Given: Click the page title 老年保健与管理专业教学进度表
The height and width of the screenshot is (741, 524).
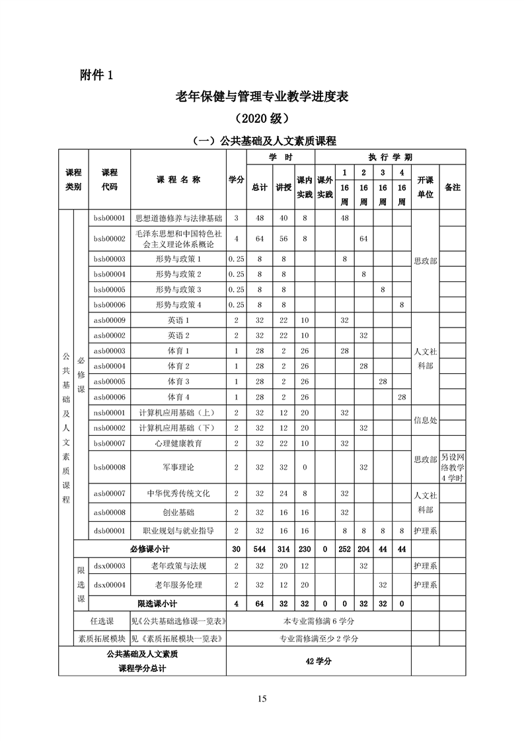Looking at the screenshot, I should click(x=262, y=97).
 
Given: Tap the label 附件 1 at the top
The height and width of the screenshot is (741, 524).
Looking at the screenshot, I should click(x=93, y=75).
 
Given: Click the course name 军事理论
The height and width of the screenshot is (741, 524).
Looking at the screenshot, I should click(x=178, y=467).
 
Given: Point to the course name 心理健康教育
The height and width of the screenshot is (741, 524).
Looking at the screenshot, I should click(x=178, y=443).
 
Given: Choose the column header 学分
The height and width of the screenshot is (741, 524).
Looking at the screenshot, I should click(x=236, y=180).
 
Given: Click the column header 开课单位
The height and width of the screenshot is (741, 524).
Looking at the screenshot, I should click(x=425, y=187).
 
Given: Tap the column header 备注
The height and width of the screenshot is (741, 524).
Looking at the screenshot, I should click(x=453, y=187).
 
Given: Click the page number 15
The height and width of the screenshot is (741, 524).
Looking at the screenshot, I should click(x=262, y=699).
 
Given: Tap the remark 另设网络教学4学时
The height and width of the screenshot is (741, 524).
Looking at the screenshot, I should click(x=453, y=467).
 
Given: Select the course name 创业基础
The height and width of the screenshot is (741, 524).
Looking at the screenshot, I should click(x=178, y=512).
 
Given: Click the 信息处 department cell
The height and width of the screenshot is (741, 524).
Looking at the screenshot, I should click(x=425, y=420).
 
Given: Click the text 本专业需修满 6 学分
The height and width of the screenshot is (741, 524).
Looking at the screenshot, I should click(x=318, y=621).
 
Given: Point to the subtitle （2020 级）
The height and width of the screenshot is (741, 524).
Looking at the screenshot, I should click(x=262, y=119).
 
